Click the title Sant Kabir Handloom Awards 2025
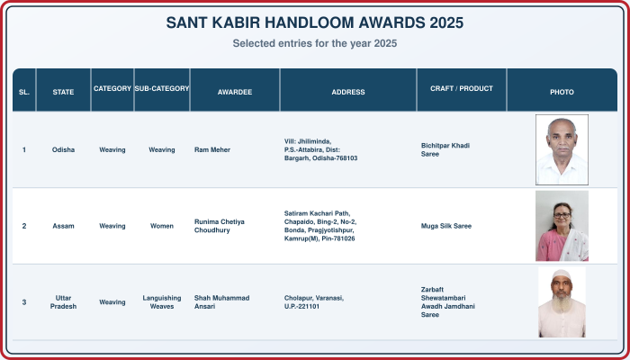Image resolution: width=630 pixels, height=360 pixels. coord(315,22)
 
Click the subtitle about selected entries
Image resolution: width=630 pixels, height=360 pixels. coord(315,43)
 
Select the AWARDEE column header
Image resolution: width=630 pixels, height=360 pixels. coord(235,92)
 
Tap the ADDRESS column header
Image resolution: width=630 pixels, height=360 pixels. coord(348,92)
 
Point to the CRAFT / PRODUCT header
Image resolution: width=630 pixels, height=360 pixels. coord(461,88)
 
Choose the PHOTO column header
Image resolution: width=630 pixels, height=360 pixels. coord(562,92)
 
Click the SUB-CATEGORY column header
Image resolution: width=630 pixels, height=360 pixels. coord(161,88)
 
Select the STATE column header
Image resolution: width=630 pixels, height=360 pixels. coord(63,92)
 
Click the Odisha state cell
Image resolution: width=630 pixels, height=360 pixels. coord(63,150)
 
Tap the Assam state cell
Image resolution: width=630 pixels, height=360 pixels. coord(63,226)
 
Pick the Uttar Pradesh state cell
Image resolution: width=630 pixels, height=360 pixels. coord(63,302)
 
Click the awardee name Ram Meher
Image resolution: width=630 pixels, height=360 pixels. coord(212,150)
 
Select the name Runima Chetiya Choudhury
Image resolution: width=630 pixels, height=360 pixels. coord(220,226)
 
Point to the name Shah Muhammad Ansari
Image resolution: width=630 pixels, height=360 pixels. coord(221,302)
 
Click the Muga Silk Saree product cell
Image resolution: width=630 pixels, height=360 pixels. coord(446,226)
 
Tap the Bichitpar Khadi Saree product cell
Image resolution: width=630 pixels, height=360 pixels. coord(445,150)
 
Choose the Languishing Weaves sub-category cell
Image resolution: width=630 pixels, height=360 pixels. coord(161,302)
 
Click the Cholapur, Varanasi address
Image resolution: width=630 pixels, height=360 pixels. coord(314,302)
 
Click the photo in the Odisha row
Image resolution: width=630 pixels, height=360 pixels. coord(562,149)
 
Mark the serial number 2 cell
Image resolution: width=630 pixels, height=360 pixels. coord(24,226)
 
